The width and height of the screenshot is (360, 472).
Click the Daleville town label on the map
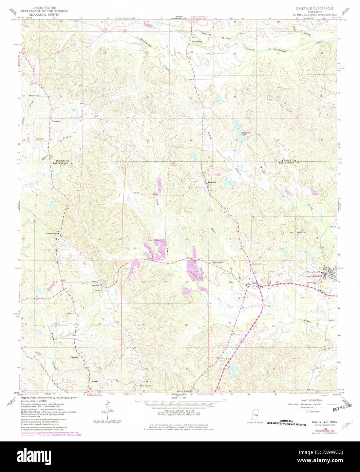[212, 182]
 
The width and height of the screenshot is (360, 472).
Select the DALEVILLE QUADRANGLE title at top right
[315, 7]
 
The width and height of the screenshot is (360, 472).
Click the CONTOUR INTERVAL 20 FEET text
[179, 410]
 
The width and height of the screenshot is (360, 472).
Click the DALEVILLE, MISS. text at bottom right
[314, 420]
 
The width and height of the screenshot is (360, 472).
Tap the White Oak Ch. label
[145, 386]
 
